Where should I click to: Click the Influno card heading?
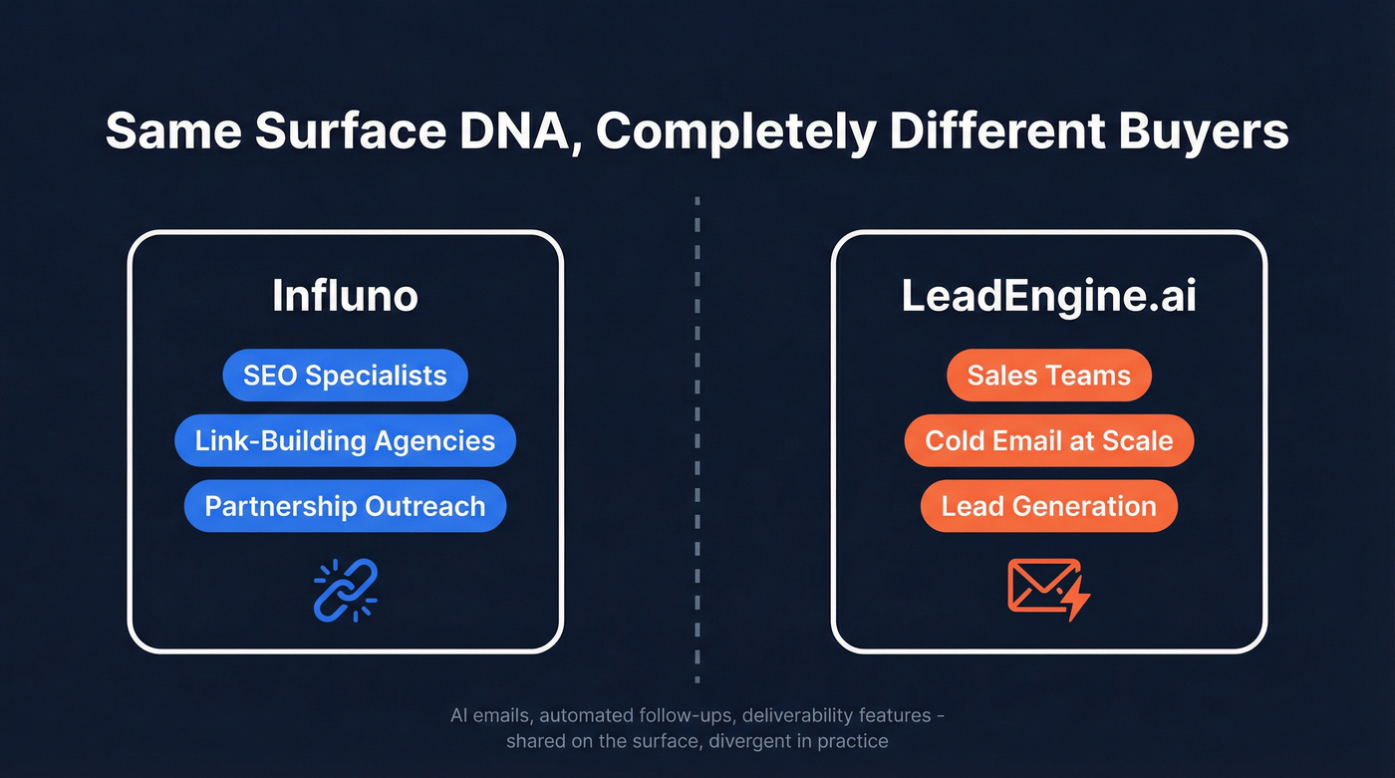click(345, 297)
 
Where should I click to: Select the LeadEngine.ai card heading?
click(1048, 297)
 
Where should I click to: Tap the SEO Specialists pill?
click(345, 376)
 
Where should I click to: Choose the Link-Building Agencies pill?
click(345, 440)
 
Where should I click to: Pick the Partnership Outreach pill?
click(345, 506)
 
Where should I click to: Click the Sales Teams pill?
click(1048, 376)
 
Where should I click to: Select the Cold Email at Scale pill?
click(1048, 440)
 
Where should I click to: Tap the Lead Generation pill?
click(1048, 506)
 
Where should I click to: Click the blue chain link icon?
click(345, 590)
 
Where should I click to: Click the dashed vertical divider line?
click(697, 438)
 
